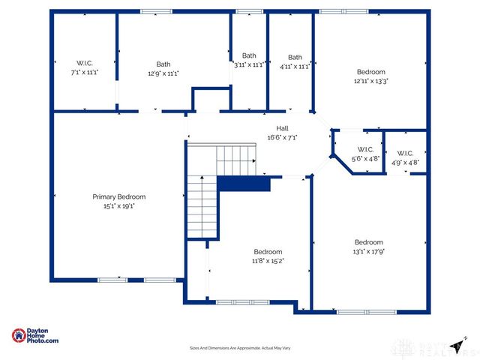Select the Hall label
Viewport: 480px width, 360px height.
pos(282,128)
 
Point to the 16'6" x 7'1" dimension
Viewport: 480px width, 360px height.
pos(282,137)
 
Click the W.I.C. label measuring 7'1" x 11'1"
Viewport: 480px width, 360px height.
pos(83,63)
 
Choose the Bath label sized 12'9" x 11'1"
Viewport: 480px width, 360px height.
pos(163,64)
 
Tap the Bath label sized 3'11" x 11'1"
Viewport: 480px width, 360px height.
pos(249,55)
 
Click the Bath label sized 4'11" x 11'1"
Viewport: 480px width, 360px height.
pos(295,57)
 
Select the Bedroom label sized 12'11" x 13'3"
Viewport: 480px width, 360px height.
pos(370,71)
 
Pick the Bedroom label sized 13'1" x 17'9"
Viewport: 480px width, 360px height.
pos(368,242)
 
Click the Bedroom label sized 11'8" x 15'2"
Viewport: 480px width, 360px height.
pos(268,251)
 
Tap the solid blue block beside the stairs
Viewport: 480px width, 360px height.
pos(244,184)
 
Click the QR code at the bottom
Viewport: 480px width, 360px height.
pos(404,346)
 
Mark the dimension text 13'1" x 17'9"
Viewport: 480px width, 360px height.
pos(368,251)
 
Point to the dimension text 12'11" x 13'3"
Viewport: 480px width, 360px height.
pos(370,80)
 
